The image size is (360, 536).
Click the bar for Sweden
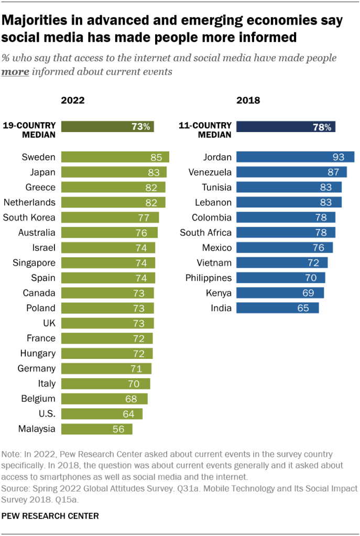point(115,157)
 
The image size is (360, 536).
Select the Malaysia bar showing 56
point(96,429)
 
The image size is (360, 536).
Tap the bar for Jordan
point(295,157)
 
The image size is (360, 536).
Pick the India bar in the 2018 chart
point(277,308)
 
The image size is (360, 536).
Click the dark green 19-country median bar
point(107,126)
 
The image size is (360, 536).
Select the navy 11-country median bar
point(286,126)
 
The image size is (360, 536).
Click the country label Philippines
point(208,278)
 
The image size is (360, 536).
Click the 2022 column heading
point(73,101)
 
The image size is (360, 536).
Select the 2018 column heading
point(248,101)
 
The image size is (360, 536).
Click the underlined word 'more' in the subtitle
point(15,72)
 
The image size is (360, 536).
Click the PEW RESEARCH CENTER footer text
point(50,516)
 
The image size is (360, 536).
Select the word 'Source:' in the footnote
point(16,488)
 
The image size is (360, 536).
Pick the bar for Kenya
point(280,292)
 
